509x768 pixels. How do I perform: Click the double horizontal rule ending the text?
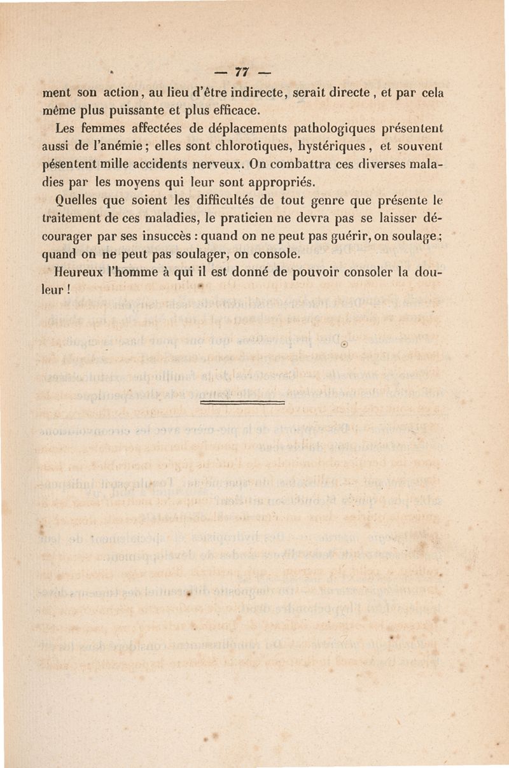242,403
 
